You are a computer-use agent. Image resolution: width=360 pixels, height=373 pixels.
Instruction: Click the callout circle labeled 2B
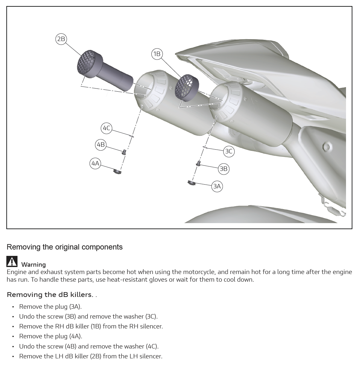point(61,39)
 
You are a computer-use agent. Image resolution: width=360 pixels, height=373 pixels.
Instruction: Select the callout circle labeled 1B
point(157,54)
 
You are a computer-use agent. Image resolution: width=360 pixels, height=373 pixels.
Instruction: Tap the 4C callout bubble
point(106,128)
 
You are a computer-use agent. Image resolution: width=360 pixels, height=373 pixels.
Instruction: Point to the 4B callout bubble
point(101,144)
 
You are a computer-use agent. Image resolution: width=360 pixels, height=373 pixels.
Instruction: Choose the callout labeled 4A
point(95,163)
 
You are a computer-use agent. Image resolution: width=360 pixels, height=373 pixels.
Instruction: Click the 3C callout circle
point(229,151)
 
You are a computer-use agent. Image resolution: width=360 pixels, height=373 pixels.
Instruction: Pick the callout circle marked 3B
point(224,169)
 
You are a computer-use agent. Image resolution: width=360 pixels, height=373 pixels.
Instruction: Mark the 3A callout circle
point(217,186)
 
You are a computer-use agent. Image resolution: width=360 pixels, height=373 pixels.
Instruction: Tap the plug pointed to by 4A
point(117,171)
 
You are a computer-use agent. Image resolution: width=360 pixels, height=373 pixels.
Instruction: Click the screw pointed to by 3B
point(198,163)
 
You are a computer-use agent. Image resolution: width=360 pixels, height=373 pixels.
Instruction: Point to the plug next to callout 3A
point(191,183)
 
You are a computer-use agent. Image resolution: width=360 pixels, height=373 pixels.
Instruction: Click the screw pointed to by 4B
point(124,152)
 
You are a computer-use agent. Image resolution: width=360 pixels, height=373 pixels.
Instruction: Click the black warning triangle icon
point(12,261)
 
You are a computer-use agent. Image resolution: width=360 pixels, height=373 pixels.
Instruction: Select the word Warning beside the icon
point(33,264)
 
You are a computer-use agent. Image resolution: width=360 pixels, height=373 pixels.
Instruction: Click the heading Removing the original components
point(65,247)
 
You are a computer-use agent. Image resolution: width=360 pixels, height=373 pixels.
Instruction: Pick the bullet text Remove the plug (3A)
point(51,306)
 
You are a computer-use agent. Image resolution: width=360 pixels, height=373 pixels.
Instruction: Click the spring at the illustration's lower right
point(333,206)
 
